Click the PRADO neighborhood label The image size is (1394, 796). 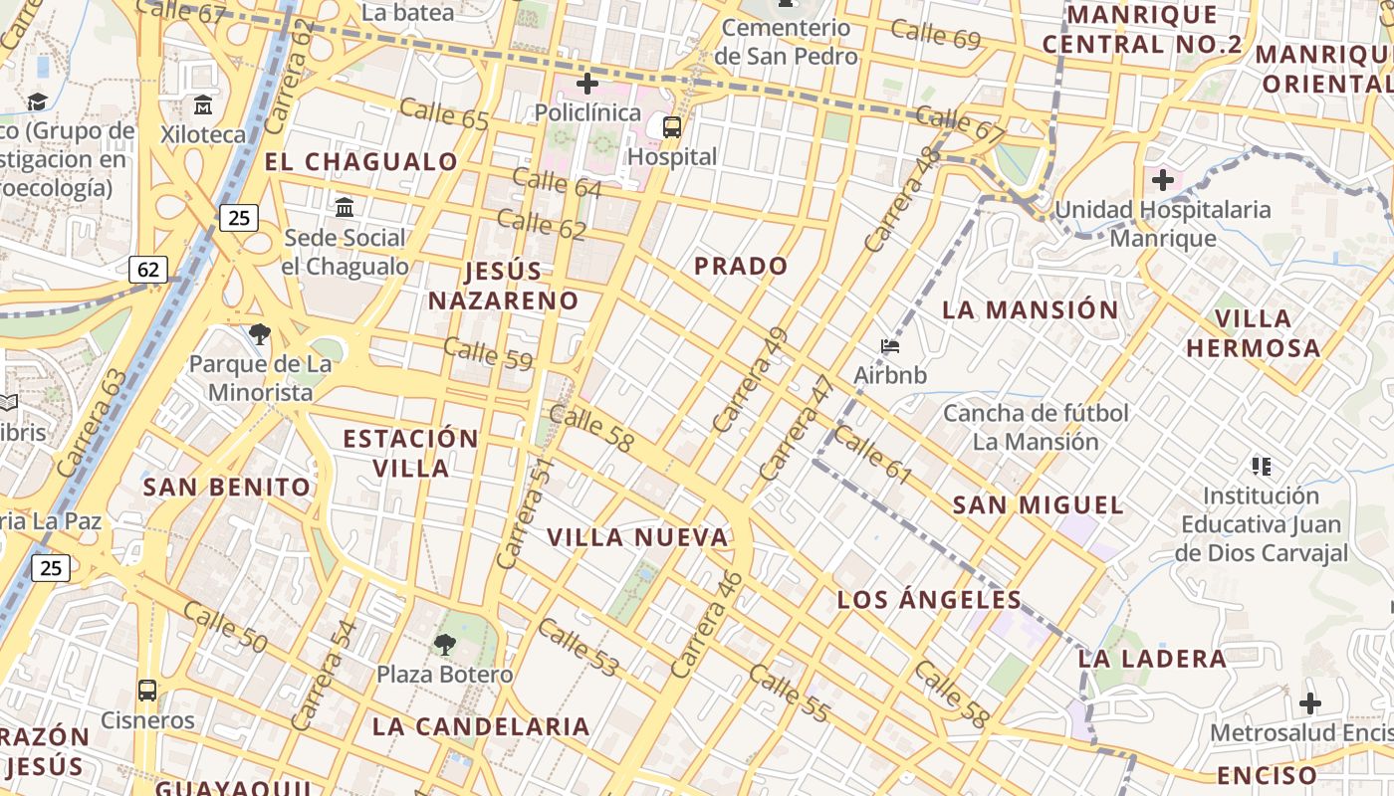tap(741, 266)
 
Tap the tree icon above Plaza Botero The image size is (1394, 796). tap(445, 644)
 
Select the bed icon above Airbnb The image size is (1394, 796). tap(890, 346)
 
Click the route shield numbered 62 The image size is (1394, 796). tap(148, 269)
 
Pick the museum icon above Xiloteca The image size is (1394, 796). tap(203, 104)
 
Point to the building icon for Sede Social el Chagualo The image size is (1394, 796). tap(345, 208)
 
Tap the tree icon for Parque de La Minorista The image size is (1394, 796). tap(260, 334)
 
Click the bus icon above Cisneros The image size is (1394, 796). tap(147, 690)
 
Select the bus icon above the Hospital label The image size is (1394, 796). tap(672, 126)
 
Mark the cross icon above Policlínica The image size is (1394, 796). tap(587, 84)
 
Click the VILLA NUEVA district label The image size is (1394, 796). tap(637, 537)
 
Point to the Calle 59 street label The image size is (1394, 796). tap(488, 354)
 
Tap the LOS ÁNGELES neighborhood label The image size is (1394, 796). tap(929, 599)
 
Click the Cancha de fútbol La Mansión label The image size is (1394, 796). tap(1036, 427)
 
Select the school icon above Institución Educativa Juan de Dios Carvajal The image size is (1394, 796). tap(1262, 466)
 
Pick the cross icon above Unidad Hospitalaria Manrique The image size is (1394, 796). tap(1162, 180)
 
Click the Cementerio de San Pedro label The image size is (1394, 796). tap(787, 42)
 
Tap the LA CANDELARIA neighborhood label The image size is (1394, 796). tap(481, 726)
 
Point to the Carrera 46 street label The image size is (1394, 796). tap(707, 624)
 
